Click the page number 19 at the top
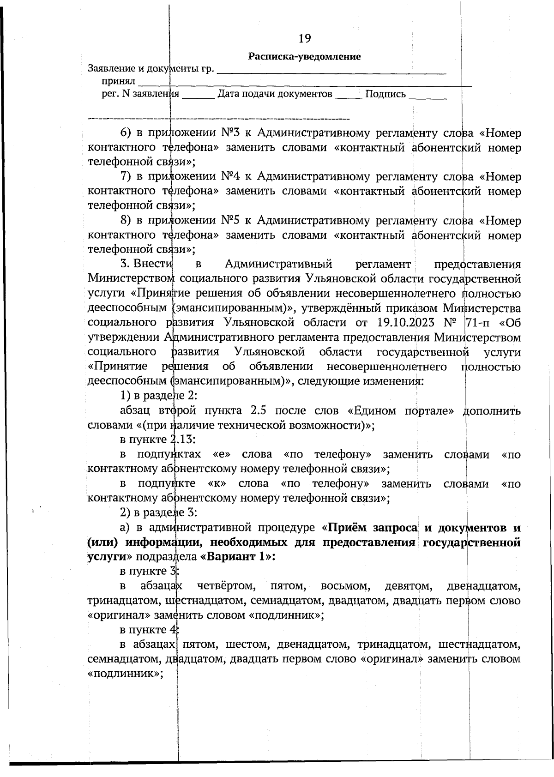point(305,38)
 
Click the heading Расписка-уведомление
point(304,57)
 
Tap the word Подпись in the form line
point(385,95)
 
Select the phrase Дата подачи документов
point(275,95)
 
